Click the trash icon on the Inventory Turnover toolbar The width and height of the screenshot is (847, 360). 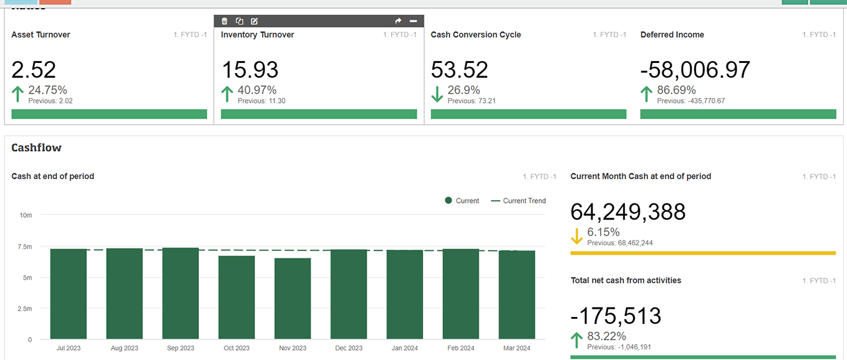coord(225,21)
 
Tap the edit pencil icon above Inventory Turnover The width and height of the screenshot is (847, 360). coord(254,21)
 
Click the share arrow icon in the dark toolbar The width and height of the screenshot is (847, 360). coord(399,21)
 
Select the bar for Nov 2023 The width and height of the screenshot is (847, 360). coord(293,299)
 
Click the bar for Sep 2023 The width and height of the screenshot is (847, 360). coord(180,293)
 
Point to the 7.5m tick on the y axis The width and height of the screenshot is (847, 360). coord(26,246)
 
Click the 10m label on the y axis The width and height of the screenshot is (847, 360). coord(26,215)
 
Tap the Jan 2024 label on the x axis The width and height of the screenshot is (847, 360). coord(404,348)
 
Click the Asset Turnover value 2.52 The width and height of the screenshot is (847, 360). coord(34,69)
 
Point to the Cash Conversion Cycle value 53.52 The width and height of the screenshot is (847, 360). coord(459,69)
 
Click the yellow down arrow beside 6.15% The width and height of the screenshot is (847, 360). coord(576,236)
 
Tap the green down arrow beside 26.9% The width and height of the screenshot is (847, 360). coord(437,94)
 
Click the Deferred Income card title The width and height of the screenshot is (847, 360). coord(672,35)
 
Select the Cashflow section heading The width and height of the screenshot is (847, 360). coord(36,148)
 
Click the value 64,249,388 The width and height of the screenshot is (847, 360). coord(627,212)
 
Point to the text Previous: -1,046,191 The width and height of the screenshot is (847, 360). coord(618,347)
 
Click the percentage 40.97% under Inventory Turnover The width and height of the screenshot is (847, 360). coord(257,90)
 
